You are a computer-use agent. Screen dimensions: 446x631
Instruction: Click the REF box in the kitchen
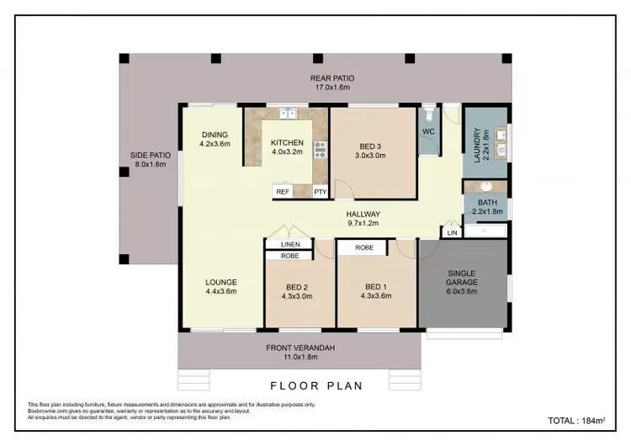coord(283,192)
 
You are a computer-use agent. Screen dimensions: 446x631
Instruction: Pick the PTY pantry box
coord(321,192)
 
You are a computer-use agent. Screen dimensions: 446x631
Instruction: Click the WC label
coord(427,132)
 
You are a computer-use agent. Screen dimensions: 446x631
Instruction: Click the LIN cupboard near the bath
coord(452,232)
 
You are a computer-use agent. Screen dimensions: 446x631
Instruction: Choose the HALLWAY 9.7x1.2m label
coord(363,219)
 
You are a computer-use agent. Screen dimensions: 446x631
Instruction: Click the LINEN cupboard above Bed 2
coord(289,244)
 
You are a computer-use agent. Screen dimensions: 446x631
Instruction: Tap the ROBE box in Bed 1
coord(363,248)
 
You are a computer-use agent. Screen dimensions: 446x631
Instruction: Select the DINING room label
coord(215,140)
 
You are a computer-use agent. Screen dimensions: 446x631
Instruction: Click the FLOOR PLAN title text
coord(315,386)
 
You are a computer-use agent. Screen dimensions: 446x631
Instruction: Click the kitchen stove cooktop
coord(320,150)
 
